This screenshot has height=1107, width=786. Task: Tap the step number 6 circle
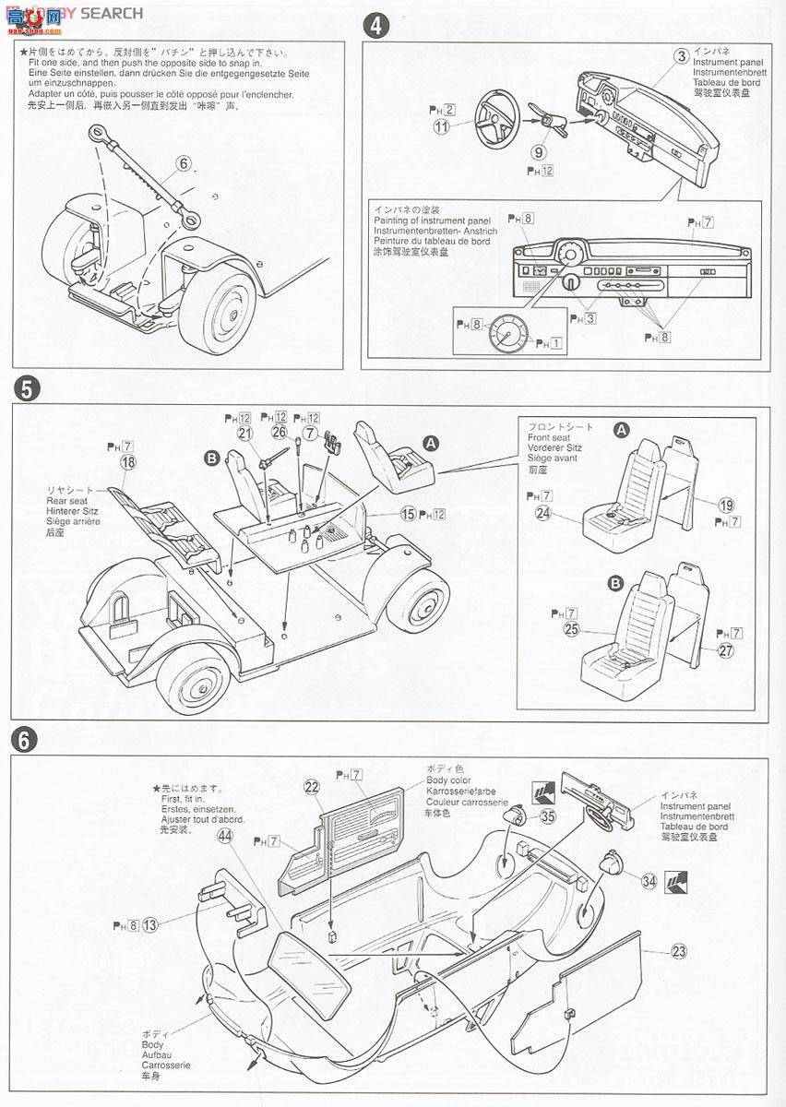pos(25,739)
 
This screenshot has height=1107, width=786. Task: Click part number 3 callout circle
pos(681,56)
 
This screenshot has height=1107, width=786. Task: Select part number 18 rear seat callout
pos(127,462)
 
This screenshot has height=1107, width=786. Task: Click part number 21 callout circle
pos(244,433)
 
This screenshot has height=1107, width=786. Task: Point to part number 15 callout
pos(407,513)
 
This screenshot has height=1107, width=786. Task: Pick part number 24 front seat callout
pos(543,514)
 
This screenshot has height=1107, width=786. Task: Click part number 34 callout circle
pos(649,881)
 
